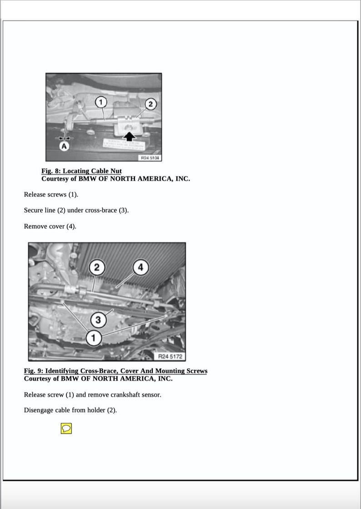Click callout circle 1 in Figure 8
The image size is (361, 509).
click(100, 101)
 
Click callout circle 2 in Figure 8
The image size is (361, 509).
click(150, 104)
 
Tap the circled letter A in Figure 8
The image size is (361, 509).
click(65, 146)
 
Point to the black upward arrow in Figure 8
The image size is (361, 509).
click(130, 135)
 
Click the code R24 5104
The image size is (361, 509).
click(150, 158)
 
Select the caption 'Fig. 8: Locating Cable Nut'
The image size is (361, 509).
click(81, 171)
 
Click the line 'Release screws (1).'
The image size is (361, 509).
click(51, 195)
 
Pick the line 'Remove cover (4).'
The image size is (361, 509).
click(50, 227)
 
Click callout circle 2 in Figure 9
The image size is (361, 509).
click(96, 267)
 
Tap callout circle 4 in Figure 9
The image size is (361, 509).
click(140, 267)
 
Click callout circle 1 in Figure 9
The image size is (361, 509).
click(94, 338)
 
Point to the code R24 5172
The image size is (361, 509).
click(170, 356)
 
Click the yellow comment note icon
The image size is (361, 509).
click(66, 428)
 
